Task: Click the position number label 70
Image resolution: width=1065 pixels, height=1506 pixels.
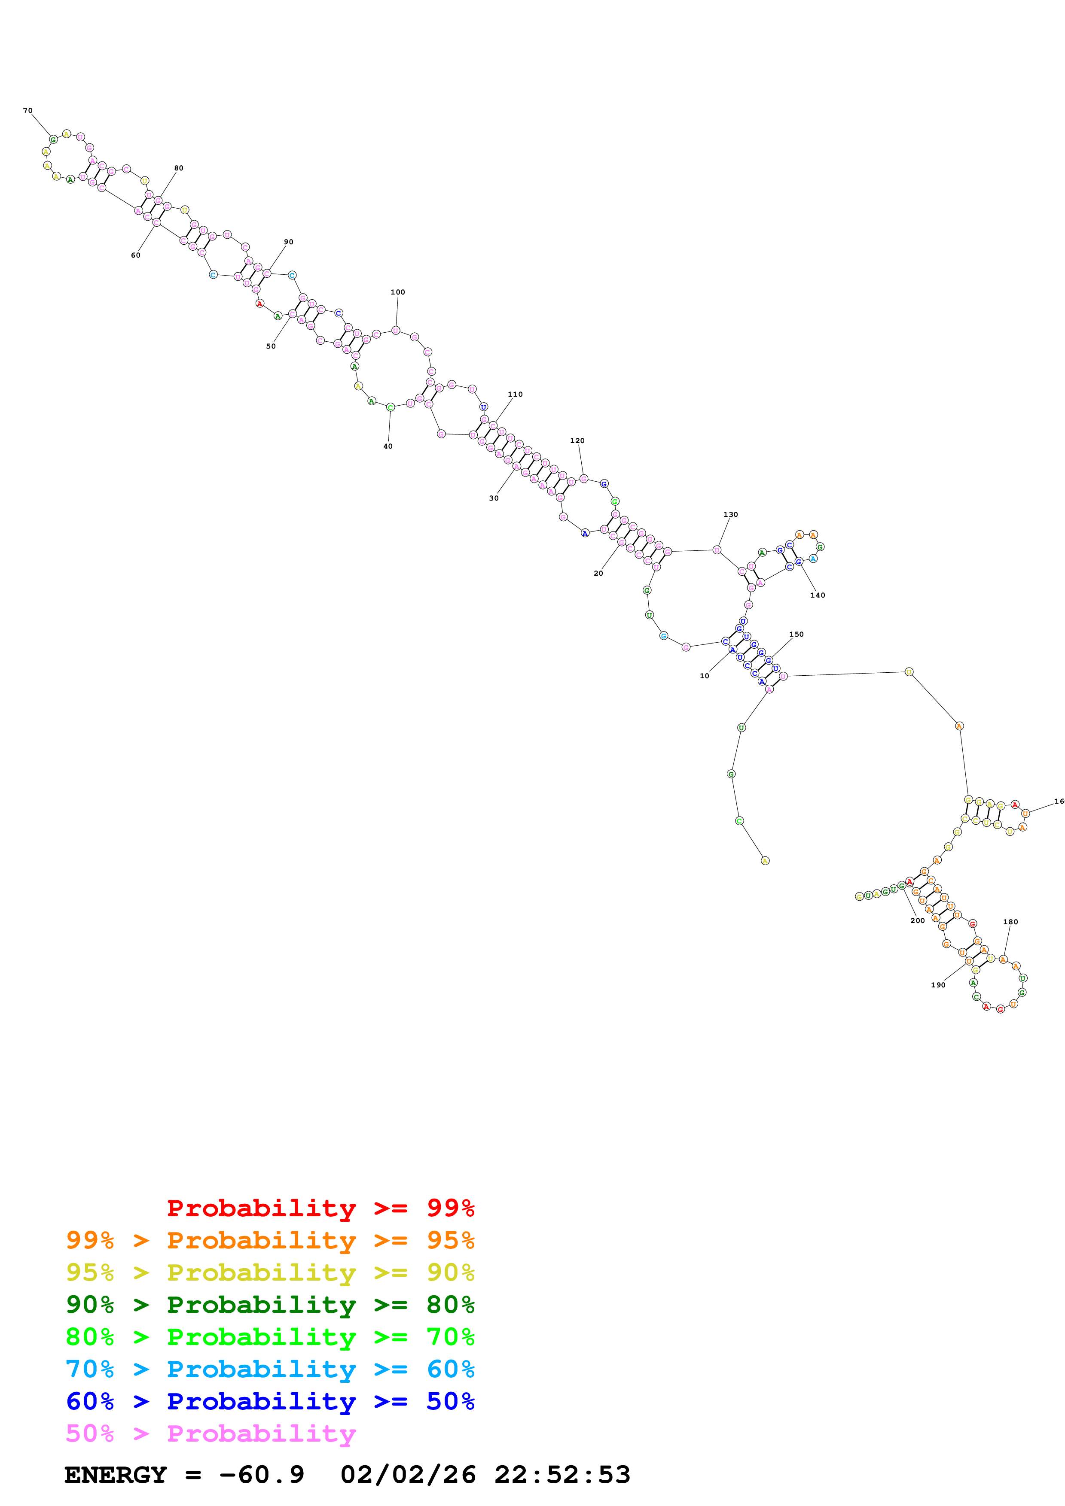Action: click(x=27, y=111)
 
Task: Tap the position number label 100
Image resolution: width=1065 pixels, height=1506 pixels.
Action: click(x=398, y=292)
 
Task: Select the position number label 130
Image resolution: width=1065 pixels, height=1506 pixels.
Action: click(x=730, y=515)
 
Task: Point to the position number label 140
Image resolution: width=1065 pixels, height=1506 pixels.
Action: click(x=818, y=595)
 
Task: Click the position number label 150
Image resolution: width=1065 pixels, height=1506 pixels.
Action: click(x=796, y=634)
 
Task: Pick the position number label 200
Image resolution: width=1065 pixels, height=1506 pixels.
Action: click(x=917, y=921)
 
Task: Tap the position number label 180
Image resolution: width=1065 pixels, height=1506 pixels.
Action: click(x=1010, y=922)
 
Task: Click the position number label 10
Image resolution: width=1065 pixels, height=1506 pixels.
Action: click(x=704, y=676)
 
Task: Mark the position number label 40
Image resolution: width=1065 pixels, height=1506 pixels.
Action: click(x=388, y=446)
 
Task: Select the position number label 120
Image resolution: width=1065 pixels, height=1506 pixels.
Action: click(x=577, y=441)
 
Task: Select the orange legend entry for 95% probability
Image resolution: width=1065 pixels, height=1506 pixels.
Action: click(x=270, y=1240)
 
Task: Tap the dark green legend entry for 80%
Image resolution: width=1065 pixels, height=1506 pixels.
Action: click(x=270, y=1305)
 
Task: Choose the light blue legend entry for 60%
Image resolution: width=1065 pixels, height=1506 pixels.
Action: click(x=270, y=1369)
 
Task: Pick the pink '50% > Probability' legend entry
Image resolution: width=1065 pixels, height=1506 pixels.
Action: click(x=210, y=1433)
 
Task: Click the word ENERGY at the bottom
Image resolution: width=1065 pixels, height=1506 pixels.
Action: click(x=116, y=1475)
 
